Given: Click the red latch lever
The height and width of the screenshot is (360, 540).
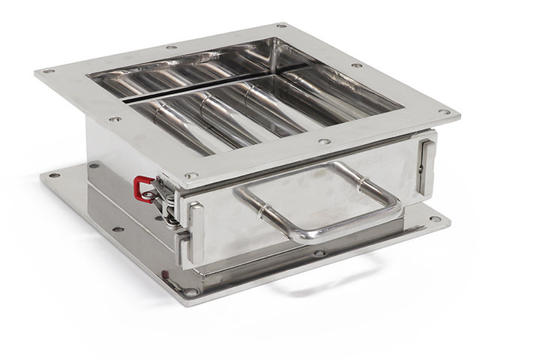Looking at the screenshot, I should pyautogui.click(x=140, y=188).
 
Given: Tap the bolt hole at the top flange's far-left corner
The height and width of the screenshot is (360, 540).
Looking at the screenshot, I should pyautogui.click(x=48, y=71).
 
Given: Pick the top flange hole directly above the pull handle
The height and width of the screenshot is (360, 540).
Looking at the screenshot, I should pyautogui.click(x=323, y=141).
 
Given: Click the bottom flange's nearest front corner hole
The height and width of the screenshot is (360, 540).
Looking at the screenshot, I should pyautogui.click(x=192, y=291).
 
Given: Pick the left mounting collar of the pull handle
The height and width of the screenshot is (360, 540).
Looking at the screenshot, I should pyautogui.click(x=260, y=208).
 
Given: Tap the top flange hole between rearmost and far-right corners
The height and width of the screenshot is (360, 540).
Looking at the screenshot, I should pyautogui.click(x=357, y=65).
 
